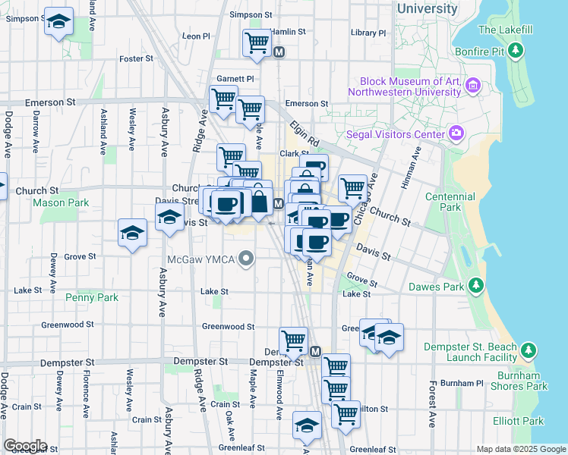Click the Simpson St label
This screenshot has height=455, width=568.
251,14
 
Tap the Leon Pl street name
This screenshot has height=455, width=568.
196,36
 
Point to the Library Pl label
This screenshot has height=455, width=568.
368,33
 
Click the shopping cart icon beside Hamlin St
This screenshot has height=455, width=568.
257,43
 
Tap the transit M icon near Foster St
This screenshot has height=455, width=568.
279,53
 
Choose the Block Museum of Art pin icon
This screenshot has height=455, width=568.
475,84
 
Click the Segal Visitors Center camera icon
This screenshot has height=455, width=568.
456,133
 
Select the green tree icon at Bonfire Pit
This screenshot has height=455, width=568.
516,51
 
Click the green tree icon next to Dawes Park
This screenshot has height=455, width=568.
476,286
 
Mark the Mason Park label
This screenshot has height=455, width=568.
61,202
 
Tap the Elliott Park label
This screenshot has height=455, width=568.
517,421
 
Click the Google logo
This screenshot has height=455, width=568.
24,446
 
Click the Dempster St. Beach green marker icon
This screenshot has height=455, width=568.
529,351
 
